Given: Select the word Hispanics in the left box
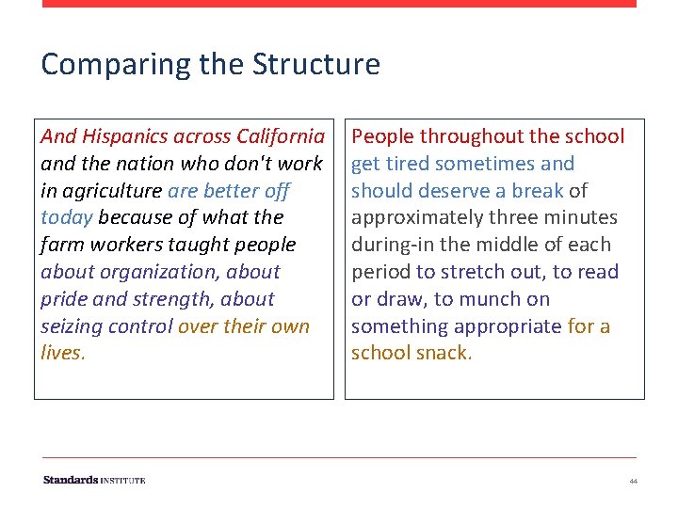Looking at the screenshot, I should [125, 136].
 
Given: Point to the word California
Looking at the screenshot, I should [281, 136].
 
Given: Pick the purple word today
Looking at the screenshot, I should [67, 217].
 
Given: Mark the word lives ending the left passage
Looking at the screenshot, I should [61, 354].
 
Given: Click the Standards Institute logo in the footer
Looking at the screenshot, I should [94, 480].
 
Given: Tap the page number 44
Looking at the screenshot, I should [633, 481].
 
